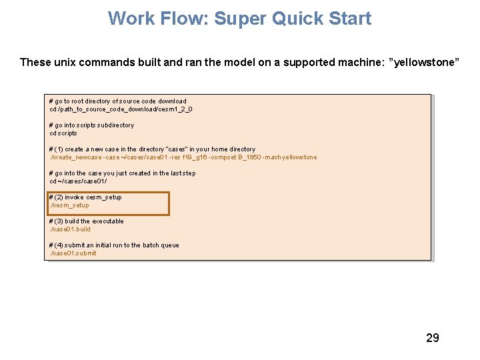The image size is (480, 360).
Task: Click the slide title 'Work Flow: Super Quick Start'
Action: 239,18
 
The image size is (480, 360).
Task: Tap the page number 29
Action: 432,338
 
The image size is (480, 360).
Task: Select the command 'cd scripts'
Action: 63,133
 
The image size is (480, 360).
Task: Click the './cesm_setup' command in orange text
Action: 70,205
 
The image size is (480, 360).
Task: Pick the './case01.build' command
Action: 71,229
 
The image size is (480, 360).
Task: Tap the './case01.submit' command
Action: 73,253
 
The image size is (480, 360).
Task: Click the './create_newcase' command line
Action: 183,157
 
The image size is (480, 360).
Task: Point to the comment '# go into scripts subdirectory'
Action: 91,125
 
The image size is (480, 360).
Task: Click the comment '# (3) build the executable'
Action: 87,221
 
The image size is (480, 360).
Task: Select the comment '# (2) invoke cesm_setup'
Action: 85,197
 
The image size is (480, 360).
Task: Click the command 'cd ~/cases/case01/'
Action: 78,181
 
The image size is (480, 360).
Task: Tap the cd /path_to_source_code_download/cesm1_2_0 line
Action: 121,109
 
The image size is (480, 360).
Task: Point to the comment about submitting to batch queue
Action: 114,245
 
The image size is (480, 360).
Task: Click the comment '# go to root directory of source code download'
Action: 118,101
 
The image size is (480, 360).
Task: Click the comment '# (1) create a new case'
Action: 152,149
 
